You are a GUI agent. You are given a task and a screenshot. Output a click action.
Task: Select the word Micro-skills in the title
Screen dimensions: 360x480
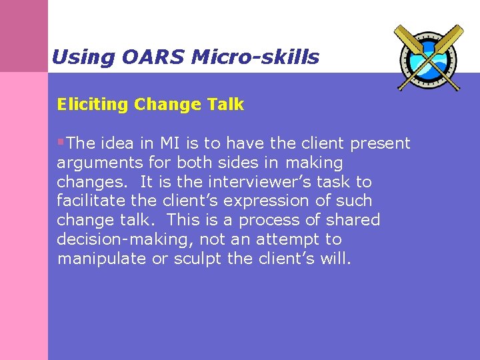255,57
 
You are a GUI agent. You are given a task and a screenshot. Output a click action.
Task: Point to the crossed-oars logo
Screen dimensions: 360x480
427,57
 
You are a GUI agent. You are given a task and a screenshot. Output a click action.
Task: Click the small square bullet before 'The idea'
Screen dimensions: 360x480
61,143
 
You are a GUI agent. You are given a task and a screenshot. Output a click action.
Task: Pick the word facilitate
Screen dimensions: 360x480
89,201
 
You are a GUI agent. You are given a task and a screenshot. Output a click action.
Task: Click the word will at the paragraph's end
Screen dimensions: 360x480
335,259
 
